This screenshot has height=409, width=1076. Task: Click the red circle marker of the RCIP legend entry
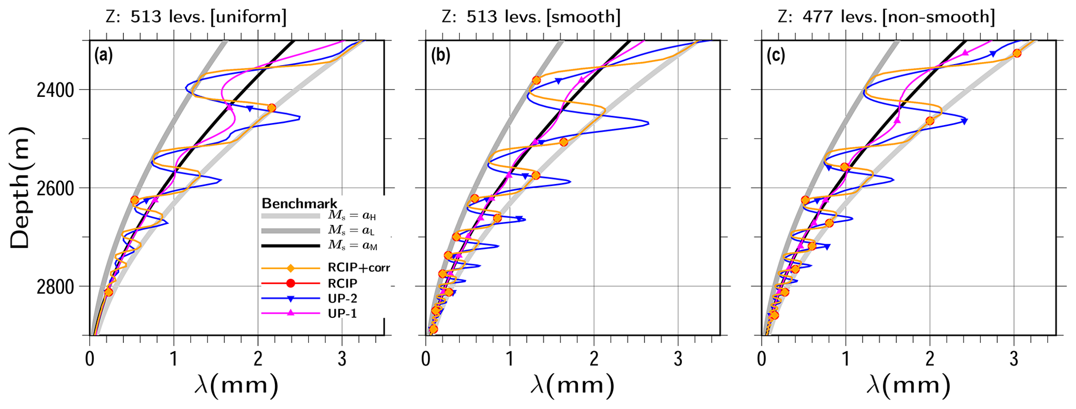290,283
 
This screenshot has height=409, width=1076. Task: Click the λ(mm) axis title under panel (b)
572,386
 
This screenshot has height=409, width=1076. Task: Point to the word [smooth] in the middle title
583,17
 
